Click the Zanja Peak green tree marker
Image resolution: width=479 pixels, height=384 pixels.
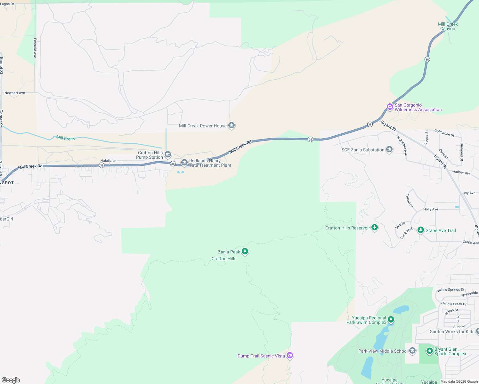coord(245,251)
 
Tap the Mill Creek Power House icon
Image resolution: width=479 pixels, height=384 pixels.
coord(231,125)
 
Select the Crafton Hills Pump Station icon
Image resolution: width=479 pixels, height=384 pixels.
coord(168,155)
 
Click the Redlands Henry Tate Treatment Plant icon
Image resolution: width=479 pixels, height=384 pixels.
coord(184,163)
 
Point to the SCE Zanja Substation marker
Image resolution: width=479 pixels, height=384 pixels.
coord(389,149)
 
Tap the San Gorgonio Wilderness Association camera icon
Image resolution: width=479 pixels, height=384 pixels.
coord(390,107)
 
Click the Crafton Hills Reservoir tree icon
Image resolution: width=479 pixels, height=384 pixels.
coord(375,228)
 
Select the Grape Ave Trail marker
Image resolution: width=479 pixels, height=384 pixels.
coord(421,230)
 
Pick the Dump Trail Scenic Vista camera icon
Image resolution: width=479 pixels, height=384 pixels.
coord(290,355)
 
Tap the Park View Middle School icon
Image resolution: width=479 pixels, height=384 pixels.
coord(412,351)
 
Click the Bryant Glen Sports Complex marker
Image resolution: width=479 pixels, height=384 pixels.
coord(430,351)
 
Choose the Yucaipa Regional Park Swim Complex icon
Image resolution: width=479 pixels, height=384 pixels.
coord(391,319)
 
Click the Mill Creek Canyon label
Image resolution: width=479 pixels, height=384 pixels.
coord(448,26)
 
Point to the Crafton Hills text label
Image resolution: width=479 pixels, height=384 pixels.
coord(224,259)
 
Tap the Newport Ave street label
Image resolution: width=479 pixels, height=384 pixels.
coord(15,93)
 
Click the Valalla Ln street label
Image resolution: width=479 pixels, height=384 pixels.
coord(109,161)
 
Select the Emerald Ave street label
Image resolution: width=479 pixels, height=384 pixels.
coord(35,48)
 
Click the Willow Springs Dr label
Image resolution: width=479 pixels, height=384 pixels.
coord(450,290)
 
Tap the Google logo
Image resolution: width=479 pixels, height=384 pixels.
coord(11,380)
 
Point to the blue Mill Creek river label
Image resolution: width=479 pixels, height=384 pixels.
coord(65,138)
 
